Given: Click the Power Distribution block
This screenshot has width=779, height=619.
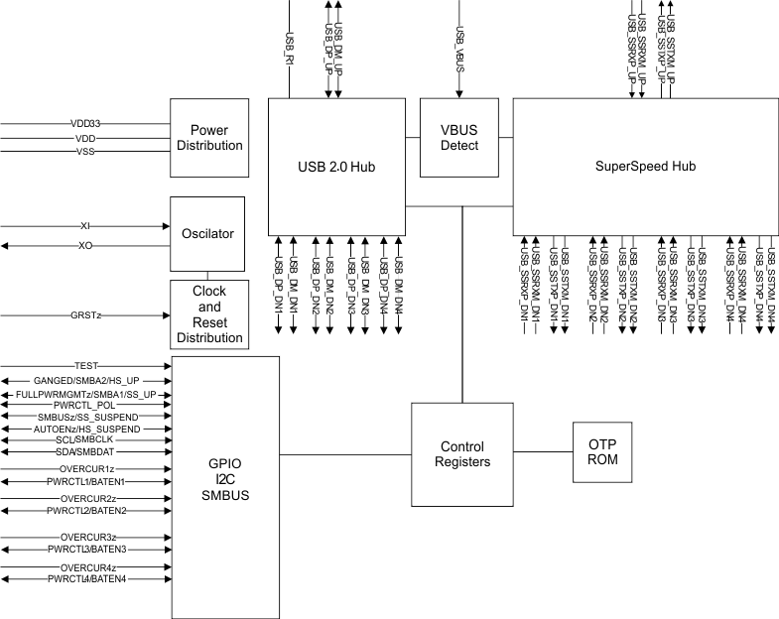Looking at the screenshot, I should [x=208, y=138].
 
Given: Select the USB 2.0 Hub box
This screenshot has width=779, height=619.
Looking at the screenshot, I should [x=336, y=166].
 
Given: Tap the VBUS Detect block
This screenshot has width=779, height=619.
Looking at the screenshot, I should [x=459, y=138].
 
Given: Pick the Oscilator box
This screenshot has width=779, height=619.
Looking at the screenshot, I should [x=208, y=234].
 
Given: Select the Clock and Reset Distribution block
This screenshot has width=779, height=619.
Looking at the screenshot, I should [x=208, y=314].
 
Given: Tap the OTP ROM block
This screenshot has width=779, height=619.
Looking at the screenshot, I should [x=601, y=452].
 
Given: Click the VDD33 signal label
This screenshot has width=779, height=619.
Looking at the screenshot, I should [x=85, y=124].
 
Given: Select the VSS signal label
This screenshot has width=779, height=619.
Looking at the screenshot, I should [x=85, y=152].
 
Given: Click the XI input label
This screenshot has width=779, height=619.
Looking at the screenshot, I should [x=85, y=226].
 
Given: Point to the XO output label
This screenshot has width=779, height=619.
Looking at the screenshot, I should [x=85, y=245].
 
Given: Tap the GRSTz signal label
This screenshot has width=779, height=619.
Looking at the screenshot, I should [x=85, y=315].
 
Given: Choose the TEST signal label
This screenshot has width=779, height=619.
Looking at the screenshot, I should [x=86, y=366].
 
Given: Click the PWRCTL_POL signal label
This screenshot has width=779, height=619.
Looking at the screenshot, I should [x=86, y=405].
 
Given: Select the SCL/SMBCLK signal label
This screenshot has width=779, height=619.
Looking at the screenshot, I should [x=86, y=439].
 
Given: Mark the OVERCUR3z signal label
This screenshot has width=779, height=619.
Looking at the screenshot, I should [x=86, y=537].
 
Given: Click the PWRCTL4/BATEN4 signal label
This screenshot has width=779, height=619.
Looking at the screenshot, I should [x=86, y=579].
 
